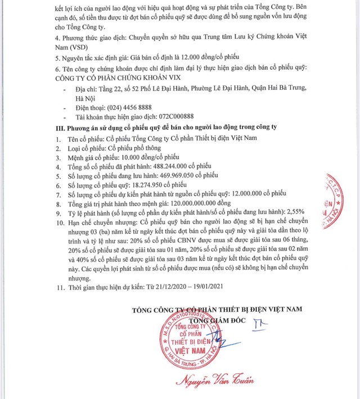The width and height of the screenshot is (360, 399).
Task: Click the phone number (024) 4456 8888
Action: pyautogui.click(x=129, y=107)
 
